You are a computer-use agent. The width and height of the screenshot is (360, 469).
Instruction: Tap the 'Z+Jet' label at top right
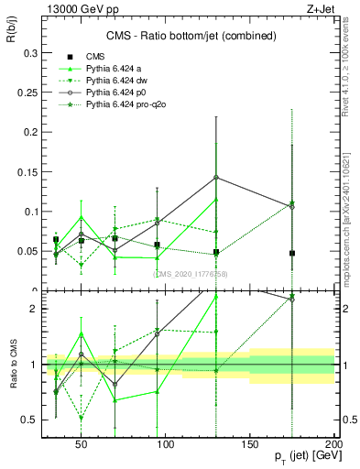coord(317,8)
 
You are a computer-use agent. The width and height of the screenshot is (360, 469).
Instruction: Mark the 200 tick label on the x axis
coord(334,442)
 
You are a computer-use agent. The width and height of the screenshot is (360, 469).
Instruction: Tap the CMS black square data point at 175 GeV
coord(292,253)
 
